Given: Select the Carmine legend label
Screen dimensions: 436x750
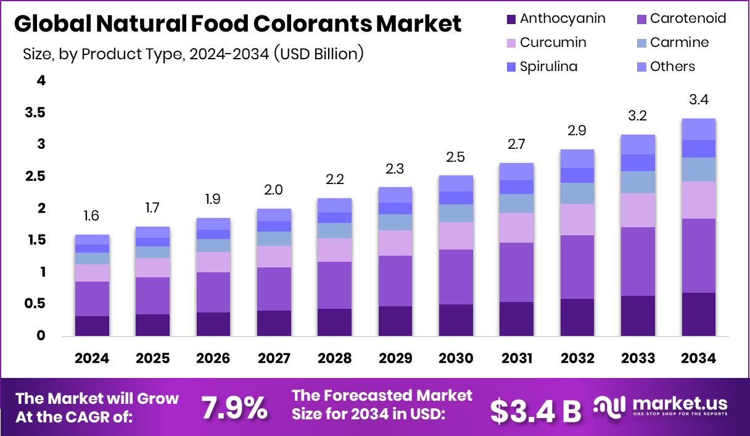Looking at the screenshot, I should point(680,43).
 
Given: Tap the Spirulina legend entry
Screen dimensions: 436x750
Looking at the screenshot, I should point(548,67).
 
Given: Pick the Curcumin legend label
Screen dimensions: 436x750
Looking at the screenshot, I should point(553,43).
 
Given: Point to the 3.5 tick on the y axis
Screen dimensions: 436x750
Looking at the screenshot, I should point(35,112).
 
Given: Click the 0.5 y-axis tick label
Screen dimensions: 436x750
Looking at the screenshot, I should point(35,304).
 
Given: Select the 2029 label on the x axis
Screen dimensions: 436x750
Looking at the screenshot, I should point(395,359).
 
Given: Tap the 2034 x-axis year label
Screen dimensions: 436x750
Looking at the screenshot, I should point(698,359).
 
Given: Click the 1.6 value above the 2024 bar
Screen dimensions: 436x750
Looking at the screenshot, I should point(92,216).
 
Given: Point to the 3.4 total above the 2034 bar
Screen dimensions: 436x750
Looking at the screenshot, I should point(698,100).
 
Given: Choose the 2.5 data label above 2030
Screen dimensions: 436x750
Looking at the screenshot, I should point(456,157).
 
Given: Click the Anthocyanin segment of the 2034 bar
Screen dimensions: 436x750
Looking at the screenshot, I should point(698,314).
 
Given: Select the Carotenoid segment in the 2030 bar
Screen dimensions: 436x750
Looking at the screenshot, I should point(456,277).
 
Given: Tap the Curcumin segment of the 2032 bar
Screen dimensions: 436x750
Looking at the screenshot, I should point(577,219).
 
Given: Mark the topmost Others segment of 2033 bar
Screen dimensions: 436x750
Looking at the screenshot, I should point(638,145).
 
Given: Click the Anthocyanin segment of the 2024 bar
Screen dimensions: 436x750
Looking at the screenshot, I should point(92,326).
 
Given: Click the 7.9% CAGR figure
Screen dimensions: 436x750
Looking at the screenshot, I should point(234,408).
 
